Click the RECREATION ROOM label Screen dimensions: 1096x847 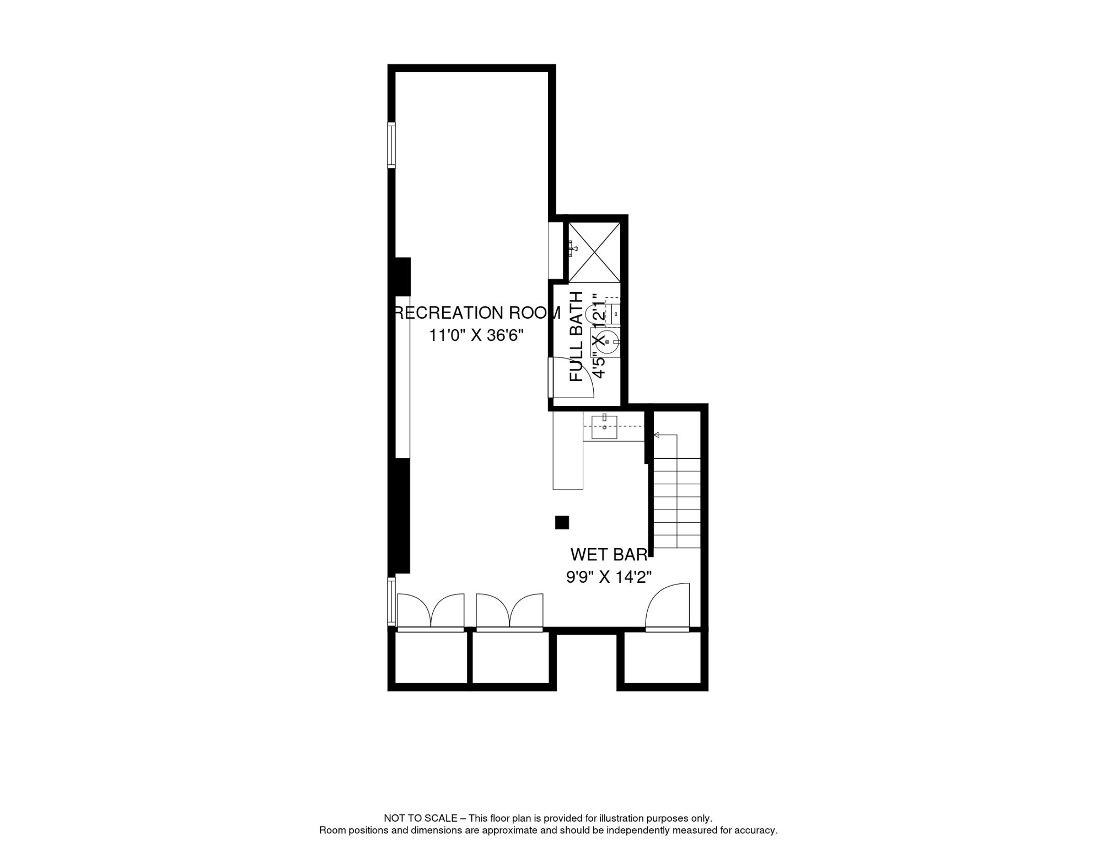[x=477, y=313]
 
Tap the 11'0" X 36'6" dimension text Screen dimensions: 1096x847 [x=476, y=335]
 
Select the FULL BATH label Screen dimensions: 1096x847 [x=576, y=336]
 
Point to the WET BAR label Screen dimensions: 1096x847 [x=609, y=554]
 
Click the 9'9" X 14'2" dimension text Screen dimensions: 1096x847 [x=609, y=577]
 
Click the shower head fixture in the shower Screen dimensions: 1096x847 [x=573, y=249]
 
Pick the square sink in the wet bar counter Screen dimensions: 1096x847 [x=604, y=427]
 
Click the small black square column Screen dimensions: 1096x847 [x=562, y=522]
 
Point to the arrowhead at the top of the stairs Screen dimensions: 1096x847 [x=657, y=435]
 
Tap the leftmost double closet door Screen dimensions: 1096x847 [x=431, y=612]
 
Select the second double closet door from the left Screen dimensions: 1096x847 [x=509, y=612]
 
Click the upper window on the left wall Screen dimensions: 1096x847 [x=391, y=145]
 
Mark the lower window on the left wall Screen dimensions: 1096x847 [x=391, y=601]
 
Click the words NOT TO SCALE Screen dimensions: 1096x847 [x=421, y=818]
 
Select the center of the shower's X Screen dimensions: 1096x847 [x=594, y=252]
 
